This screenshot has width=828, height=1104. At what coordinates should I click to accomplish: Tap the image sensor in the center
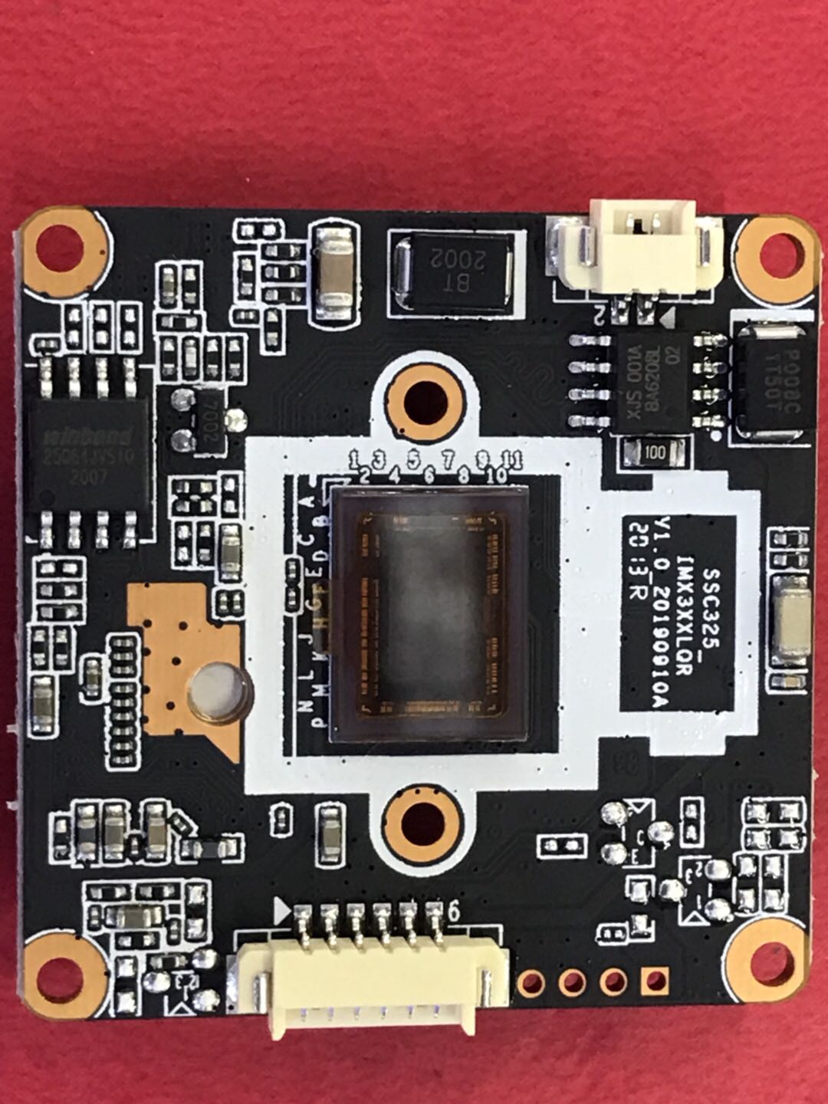click(430, 613)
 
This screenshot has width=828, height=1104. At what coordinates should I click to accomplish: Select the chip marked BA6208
click(647, 380)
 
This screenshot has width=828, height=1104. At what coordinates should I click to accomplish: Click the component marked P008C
click(770, 380)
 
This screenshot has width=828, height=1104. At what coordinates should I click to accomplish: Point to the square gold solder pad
click(654, 979)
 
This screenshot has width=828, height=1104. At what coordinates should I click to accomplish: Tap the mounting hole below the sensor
click(423, 823)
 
